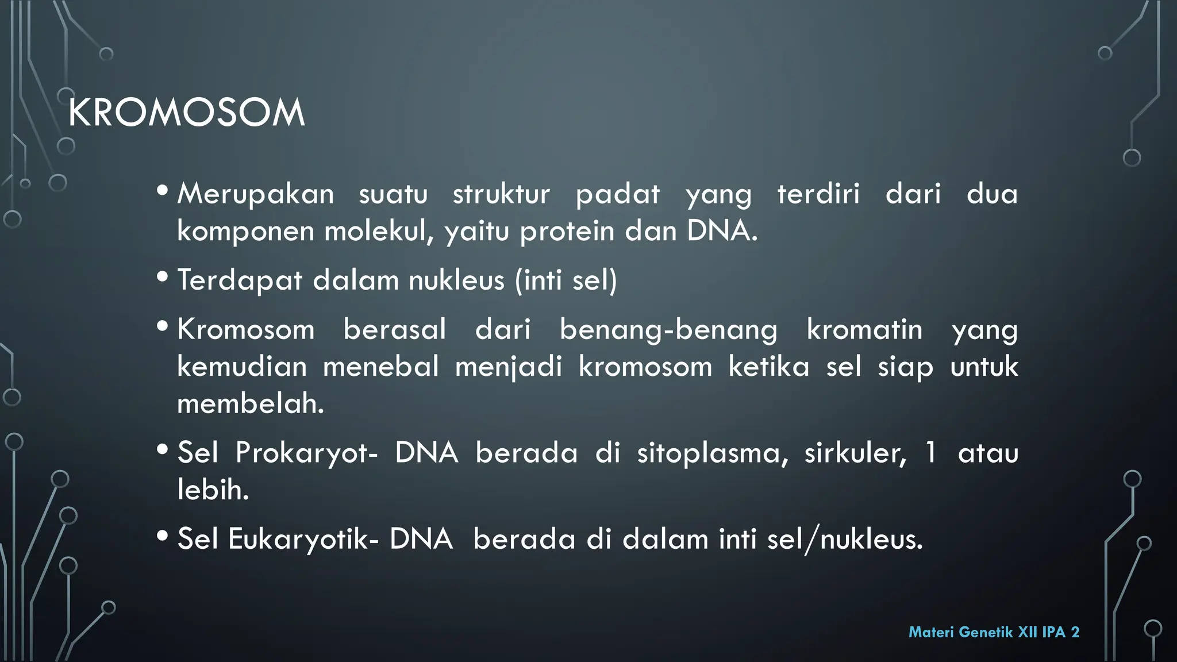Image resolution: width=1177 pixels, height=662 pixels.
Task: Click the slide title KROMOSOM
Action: (x=186, y=113)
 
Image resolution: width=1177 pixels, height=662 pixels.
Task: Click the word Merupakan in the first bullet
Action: (x=255, y=194)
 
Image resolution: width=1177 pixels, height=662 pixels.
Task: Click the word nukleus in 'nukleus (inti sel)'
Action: (x=456, y=280)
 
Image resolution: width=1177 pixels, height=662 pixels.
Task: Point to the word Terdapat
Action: (x=240, y=280)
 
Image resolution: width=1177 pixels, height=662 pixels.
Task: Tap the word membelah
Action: (x=249, y=403)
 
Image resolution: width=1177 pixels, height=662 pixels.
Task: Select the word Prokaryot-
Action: (x=306, y=453)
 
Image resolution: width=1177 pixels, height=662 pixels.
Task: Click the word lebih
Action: (x=212, y=490)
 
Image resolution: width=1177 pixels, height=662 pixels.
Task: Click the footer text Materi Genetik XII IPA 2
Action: (x=993, y=632)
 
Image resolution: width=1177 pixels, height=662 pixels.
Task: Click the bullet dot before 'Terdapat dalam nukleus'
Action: (x=162, y=278)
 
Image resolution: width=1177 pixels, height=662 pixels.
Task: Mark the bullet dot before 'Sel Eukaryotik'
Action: (x=162, y=536)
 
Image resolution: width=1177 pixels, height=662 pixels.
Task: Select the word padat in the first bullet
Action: (x=617, y=194)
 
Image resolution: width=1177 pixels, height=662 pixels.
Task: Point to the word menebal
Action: (x=380, y=367)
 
